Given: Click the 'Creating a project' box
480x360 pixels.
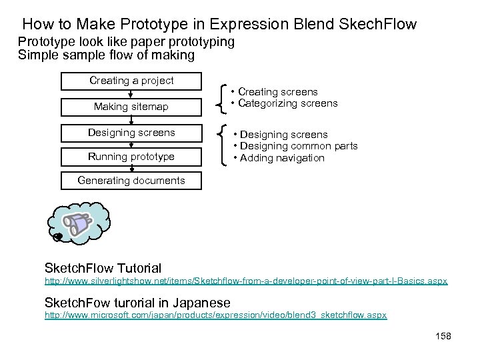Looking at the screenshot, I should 131,81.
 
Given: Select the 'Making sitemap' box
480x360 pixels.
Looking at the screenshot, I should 131,107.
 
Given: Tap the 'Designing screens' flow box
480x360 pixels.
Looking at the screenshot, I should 131,132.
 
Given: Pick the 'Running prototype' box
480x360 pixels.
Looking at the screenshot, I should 131,157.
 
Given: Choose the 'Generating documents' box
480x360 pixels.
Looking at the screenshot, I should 131,181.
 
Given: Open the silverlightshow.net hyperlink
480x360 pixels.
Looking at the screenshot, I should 245,282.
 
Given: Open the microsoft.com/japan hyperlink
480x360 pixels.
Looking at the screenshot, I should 215,314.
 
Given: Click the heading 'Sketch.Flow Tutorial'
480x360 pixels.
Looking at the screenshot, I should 102,269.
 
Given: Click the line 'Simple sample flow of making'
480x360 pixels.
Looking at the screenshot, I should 106,55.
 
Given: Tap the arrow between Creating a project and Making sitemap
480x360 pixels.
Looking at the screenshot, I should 131,94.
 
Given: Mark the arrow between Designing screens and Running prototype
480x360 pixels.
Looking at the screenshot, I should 131,145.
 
